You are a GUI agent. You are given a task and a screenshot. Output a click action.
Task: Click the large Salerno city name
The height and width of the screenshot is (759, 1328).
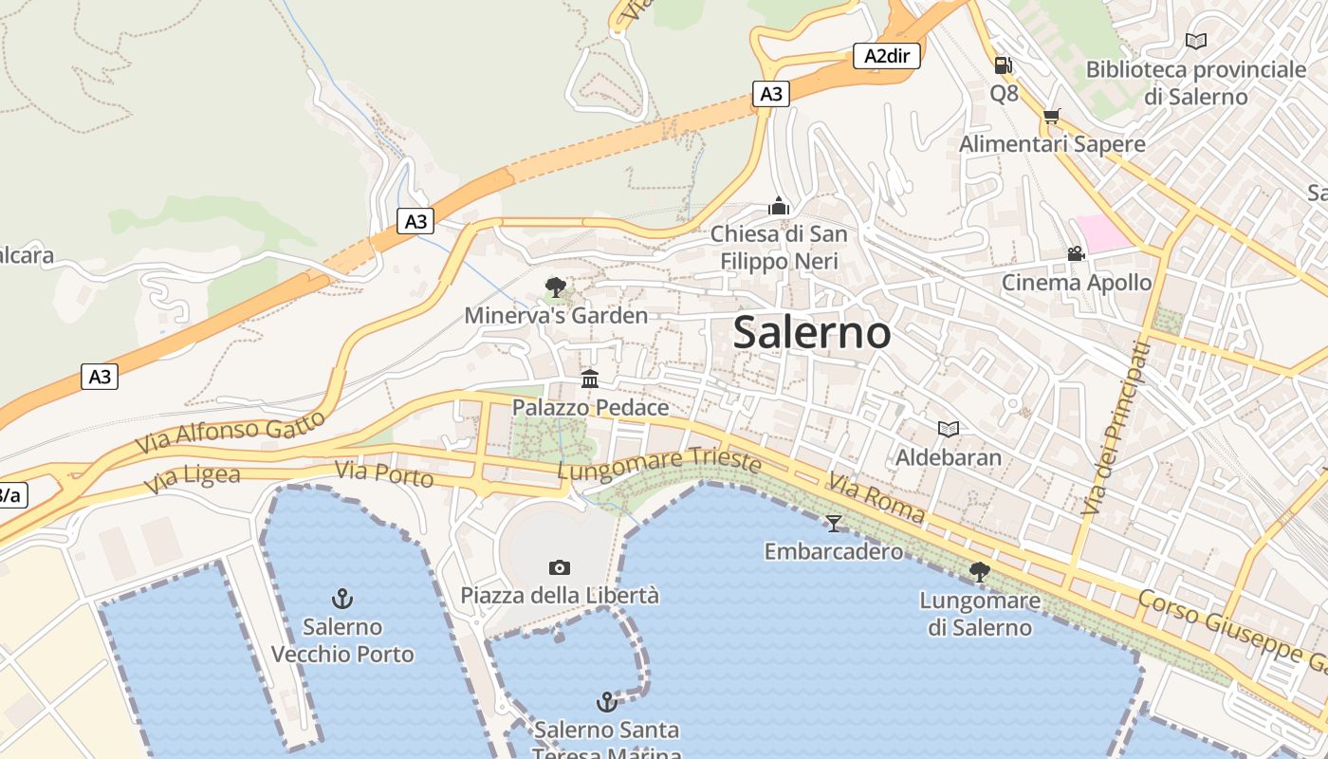point(812,333)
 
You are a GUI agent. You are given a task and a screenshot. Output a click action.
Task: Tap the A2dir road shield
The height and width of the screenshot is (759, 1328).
point(887,56)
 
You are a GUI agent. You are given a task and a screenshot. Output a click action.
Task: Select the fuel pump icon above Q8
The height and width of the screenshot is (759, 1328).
point(1003,65)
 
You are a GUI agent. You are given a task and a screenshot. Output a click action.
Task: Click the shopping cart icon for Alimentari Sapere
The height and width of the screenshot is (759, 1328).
point(1051,117)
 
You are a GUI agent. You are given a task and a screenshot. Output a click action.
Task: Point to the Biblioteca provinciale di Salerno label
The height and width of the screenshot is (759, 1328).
point(1195,83)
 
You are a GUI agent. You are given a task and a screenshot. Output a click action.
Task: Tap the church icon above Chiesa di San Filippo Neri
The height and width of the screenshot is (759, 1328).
point(779,206)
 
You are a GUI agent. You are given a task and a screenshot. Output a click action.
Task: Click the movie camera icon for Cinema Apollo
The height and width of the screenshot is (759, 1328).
point(1076,254)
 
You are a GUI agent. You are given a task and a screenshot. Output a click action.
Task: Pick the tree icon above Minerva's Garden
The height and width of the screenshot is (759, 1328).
point(556,287)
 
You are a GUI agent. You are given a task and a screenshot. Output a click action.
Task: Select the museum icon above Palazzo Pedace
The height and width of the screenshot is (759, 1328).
point(590,379)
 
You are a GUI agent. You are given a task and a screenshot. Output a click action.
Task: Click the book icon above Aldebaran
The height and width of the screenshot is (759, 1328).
point(948,429)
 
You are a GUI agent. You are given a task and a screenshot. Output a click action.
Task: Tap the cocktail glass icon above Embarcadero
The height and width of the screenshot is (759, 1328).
point(834,523)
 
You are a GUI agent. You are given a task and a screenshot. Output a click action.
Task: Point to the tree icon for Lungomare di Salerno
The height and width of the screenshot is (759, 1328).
point(980,571)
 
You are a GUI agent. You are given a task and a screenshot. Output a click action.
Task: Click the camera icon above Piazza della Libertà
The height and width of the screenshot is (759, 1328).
point(560,567)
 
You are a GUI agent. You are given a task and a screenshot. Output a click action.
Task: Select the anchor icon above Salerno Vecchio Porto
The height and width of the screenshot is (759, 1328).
point(341,599)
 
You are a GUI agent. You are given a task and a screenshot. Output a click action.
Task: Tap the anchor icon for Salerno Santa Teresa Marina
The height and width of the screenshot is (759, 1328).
point(606,702)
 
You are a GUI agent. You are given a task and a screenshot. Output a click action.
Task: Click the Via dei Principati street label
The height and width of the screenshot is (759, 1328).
point(1116,430)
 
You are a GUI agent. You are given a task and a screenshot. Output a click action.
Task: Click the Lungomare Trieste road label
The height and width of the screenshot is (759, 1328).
point(659,463)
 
